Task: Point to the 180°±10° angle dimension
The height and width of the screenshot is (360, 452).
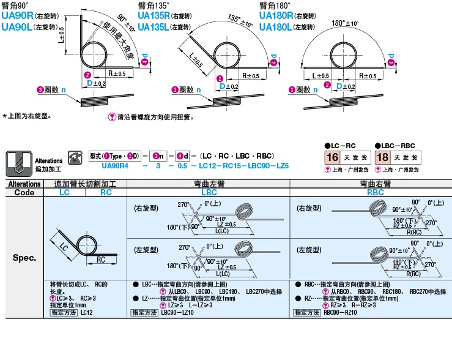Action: [345, 24]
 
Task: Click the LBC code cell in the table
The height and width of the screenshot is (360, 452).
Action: [209, 192]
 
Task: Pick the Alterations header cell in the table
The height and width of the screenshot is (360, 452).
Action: [24, 184]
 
